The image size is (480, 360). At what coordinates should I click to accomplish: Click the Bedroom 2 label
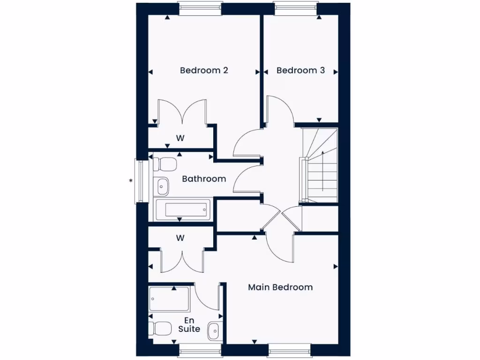[x=204, y=70]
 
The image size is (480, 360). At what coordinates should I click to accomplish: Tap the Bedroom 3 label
[x=300, y=70]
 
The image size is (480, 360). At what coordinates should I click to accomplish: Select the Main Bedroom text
[x=280, y=287]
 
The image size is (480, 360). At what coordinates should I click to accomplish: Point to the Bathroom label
[x=204, y=179]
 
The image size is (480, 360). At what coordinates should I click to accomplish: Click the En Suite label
[x=189, y=324]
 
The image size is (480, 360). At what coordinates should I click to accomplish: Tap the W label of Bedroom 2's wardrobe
[x=180, y=138]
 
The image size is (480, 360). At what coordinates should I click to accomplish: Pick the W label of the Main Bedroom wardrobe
[x=180, y=238]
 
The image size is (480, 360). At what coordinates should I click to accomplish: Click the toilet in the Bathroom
[x=164, y=164]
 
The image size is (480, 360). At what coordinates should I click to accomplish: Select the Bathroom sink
[x=162, y=186]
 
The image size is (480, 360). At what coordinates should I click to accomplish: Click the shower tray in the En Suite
[x=169, y=299]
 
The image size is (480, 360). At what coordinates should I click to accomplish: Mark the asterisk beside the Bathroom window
[x=131, y=180]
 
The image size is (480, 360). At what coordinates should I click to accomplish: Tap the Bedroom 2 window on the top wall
[x=200, y=8]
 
